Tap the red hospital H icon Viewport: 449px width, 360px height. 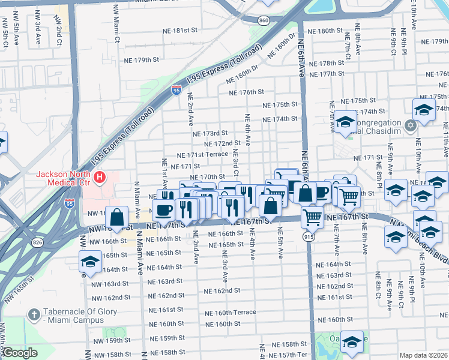[x=101, y=178]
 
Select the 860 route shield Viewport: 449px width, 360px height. [x=265, y=20]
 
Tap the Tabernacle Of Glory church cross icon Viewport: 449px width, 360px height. [x=34, y=314]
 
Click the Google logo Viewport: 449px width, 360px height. [x=19, y=353]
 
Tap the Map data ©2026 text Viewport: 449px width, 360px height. [x=423, y=355]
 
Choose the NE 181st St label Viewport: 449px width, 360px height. [x=179, y=30]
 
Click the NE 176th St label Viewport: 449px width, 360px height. [x=247, y=92]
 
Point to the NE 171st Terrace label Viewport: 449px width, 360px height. [x=202, y=155]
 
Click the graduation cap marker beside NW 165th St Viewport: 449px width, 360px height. [x=90, y=261]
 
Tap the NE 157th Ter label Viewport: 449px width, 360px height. [x=288, y=355]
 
